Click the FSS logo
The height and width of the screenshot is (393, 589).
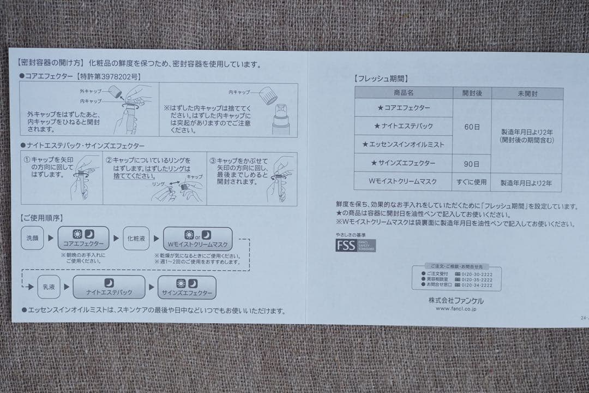click(x=355, y=245)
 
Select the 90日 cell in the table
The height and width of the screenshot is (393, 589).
click(x=472, y=163)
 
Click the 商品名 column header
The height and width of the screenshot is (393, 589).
click(x=404, y=93)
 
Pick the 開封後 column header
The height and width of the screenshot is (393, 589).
click(x=472, y=93)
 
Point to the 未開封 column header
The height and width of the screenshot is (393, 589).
click(x=527, y=93)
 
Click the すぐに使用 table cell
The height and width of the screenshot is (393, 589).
click(x=472, y=182)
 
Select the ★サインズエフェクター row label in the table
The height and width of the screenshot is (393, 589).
click(x=404, y=163)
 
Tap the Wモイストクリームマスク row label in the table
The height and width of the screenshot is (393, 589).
click(x=404, y=182)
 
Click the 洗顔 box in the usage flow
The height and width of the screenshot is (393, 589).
click(x=33, y=239)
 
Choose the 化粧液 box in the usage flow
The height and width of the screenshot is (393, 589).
click(x=136, y=239)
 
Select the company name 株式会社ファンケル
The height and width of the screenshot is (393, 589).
click(x=456, y=300)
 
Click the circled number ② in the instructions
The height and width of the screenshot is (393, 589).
click(x=109, y=160)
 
